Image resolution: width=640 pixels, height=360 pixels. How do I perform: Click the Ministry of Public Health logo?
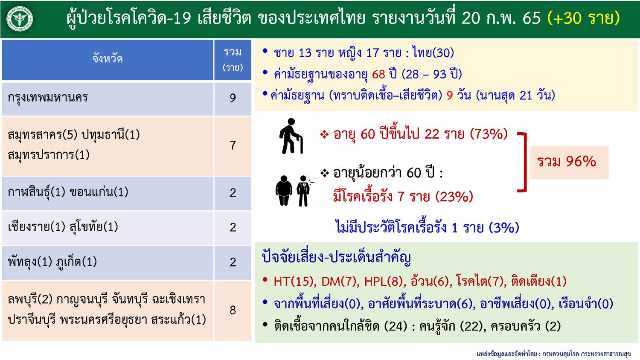(x=20, y=19)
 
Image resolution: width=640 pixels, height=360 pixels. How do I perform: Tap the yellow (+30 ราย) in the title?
(x=583, y=18)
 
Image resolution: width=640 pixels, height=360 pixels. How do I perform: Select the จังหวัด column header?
(x=108, y=59)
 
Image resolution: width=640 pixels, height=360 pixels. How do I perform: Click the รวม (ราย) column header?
(x=233, y=59)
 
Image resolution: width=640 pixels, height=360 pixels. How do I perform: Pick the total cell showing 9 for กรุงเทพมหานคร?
(x=233, y=99)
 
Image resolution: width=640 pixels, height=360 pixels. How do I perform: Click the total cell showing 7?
(x=233, y=146)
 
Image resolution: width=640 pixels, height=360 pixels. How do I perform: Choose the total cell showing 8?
(x=233, y=310)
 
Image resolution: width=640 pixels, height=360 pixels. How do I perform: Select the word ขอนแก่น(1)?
(x=99, y=192)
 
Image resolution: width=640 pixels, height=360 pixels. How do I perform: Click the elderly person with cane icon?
(x=291, y=136)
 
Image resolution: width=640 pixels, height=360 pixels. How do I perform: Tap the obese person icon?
(x=284, y=191)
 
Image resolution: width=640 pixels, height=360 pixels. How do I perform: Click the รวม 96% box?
(x=569, y=163)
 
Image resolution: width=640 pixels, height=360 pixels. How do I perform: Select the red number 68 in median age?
(x=378, y=74)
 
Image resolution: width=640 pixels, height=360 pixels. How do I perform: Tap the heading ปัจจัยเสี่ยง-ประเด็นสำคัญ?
(x=336, y=257)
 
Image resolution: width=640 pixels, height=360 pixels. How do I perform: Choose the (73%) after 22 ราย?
(x=489, y=134)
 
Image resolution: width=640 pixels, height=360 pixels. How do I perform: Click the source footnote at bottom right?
(x=553, y=354)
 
